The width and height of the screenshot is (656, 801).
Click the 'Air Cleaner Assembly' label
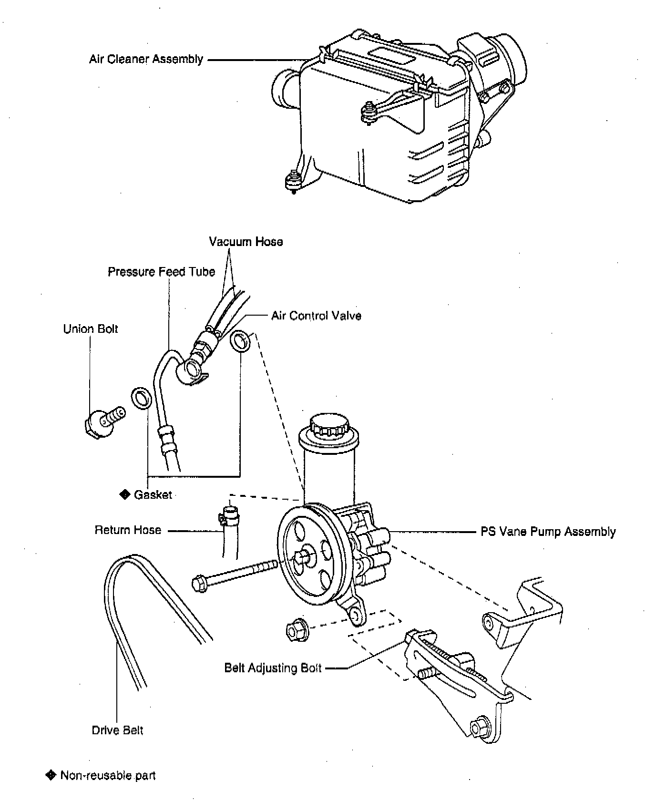click(x=146, y=60)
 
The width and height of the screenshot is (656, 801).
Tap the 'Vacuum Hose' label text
click(x=246, y=242)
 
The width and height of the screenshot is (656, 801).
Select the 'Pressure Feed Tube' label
click(x=161, y=272)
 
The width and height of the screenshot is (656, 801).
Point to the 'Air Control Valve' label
click(x=316, y=316)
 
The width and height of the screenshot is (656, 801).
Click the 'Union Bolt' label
click(x=91, y=329)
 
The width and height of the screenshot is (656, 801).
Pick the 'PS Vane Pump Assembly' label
click(x=548, y=532)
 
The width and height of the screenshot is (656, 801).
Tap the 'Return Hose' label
click(x=128, y=530)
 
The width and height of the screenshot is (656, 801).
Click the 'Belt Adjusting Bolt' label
click(x=273, y=668)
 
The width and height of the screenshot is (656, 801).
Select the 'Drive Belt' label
click(x=117, y=730)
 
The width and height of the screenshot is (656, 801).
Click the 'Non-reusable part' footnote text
click(x=108, y=775)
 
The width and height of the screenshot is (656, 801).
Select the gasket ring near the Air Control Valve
click(x=241, y=341)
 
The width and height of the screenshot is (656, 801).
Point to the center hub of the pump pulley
click(x=304, y=556)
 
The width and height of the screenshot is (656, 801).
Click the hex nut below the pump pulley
click(x=296, y=631)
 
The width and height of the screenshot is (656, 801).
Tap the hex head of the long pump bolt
click(x=199, y=584)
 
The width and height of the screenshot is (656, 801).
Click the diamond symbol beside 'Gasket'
click(x=125, y=494)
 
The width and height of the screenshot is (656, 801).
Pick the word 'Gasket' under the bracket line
click(x=153, y=495)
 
